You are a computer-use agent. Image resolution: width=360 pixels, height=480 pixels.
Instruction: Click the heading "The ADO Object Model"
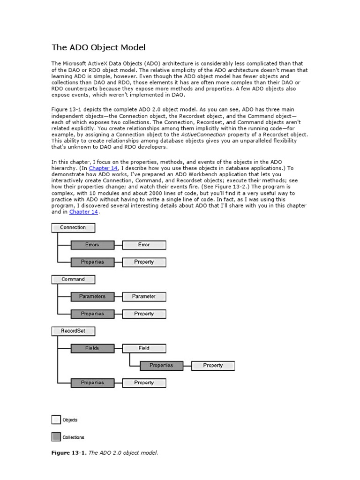tap(98, 47)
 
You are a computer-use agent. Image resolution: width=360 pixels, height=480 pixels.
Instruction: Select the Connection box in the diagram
tap(73, 228)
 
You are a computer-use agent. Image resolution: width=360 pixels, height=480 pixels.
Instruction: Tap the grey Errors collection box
tap(92, 245)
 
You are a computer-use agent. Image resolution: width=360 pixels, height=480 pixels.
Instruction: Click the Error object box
tap(144, 245)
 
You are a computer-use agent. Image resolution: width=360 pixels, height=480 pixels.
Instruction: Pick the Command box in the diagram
tap(73, 279)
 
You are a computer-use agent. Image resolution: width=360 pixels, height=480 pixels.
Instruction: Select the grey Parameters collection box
tap(92, 297)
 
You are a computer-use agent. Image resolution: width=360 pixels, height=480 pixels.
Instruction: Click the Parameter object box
tap(144, 297)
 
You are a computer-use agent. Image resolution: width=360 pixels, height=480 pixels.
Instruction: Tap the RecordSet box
tap(73, 331)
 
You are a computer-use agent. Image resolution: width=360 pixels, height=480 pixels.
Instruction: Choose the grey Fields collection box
tap(92, 348)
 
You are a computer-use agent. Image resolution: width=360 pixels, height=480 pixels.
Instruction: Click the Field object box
tap(144, 348)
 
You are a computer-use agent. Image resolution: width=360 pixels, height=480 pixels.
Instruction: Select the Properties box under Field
tap(161, 366)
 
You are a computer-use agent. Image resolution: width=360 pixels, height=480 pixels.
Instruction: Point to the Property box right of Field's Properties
tap(213, 366)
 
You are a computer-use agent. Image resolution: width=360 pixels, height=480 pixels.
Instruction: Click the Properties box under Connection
tap(92, 262)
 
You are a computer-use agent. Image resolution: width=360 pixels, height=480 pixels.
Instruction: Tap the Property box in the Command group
tap(144, 314)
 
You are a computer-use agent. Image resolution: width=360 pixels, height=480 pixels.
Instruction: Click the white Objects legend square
tap(56, 420)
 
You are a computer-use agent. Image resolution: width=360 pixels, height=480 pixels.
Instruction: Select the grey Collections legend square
tap(56, 437)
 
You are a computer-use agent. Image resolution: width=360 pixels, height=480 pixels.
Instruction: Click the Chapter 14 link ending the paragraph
tap(83, 212)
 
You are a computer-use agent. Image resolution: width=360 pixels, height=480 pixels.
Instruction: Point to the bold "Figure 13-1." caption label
tap(68, 453)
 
